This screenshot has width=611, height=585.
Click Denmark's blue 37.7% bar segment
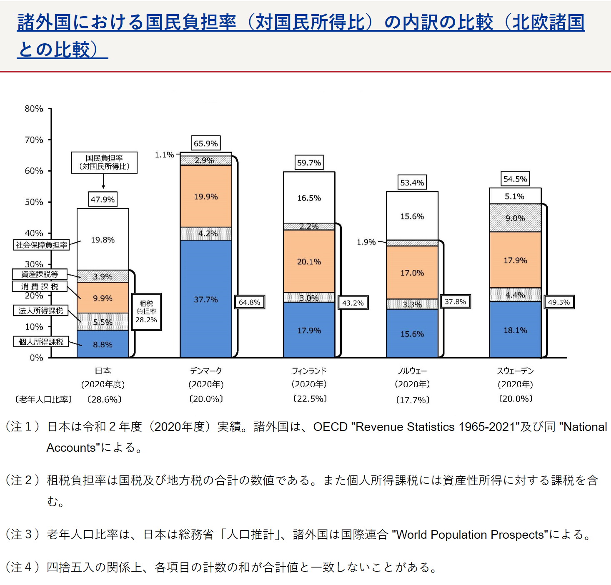(206, 299)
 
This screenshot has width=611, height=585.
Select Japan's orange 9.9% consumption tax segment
(103, 298)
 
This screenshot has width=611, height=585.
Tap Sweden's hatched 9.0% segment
(515, 218)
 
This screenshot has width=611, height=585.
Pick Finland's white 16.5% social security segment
(309, 198)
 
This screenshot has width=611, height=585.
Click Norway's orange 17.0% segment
(412, 273)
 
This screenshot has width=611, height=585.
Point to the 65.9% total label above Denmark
(206, 143)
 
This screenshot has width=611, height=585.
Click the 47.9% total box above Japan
(103, 199)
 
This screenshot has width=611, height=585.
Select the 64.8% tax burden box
(249, 302)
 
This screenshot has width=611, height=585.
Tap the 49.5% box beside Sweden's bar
(559, 302)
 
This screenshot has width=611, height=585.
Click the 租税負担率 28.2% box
(146, 312)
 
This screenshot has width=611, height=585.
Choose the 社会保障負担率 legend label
(41, 245)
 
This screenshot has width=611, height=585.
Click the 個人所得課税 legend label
(41, 341)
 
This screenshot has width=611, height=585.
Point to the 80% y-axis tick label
(34, 109)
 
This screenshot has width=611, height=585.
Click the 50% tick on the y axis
(34, 202)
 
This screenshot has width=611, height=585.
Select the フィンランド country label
(309, 371)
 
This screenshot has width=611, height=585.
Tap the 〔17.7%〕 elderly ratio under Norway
(412, 400)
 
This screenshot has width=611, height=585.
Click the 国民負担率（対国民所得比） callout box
(104, 162)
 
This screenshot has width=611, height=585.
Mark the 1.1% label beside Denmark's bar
(164, 155)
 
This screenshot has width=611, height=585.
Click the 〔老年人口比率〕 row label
(43, 399)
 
